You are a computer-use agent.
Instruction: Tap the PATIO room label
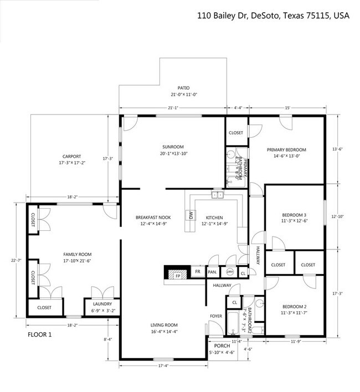click(183, 88)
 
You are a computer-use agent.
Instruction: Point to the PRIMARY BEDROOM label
click(286, 149)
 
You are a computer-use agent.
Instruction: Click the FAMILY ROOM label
click(76, 254)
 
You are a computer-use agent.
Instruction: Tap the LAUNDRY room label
click(102, 304)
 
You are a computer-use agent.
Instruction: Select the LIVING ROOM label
click(164, 325)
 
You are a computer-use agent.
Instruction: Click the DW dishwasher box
click(190, 215)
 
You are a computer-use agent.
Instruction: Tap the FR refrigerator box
click(197, 272)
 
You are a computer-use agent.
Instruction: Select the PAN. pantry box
click(212, 272)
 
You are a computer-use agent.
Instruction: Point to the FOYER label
click(215, 316)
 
